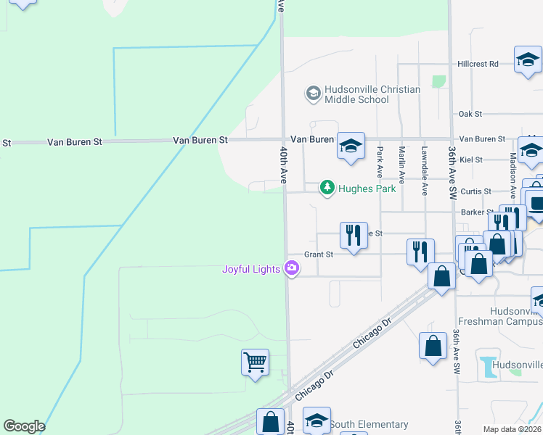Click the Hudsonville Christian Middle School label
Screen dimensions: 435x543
click(372, 94)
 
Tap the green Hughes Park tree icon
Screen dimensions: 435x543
click(327, 188)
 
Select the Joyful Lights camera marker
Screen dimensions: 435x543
click(292, 269)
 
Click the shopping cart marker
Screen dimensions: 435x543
click(255, 361)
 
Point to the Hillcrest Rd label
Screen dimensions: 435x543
click(478, 64)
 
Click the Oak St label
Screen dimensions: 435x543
click(470, 114)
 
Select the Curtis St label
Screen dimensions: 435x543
click(476, 191)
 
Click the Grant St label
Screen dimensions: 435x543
click(319, 254)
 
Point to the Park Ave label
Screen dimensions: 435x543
click(380, 162)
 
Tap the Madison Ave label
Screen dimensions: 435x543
click(513, 170)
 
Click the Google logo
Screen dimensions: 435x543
click(24, 426)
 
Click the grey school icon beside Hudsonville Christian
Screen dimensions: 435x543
click(313, 94)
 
